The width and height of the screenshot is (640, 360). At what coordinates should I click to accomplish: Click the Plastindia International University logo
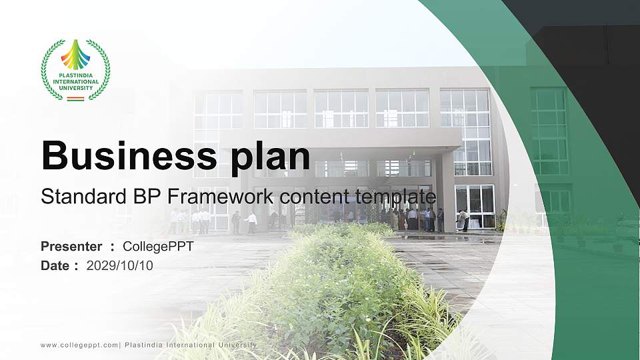(75, 69)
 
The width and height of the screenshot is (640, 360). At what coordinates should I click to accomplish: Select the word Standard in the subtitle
(74, 197)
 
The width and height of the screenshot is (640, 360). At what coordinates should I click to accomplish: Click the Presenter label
(71, 247)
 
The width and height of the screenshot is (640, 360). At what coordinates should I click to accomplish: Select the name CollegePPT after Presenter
(158, 247)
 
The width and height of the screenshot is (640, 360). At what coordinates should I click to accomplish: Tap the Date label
(55, 265)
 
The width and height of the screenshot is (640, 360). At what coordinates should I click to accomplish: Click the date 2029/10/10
(120, 265)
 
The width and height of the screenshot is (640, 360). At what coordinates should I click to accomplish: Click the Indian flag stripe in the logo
(75, 99)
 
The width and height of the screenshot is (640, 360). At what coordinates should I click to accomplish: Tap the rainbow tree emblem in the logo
(75, 55)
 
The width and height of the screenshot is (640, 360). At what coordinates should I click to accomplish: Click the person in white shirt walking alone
(251, 222)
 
